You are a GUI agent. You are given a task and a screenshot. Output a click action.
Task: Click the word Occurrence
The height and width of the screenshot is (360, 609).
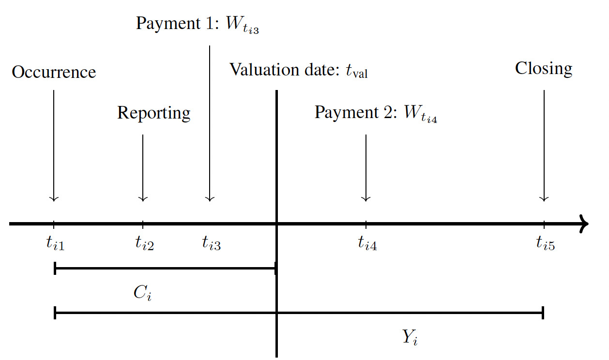(x=54, y=72)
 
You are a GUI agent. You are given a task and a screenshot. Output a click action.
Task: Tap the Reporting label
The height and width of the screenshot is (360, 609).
(x=153, y=113)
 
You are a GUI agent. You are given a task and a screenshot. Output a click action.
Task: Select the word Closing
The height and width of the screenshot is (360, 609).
(x=543, y=68)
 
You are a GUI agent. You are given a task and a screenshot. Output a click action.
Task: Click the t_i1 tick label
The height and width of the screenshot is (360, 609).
(x=55, y=243)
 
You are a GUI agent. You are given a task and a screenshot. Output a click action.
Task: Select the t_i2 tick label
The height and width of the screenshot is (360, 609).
(x=144, y=243)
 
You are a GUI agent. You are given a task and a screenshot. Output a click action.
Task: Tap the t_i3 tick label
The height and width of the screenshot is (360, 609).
(x=211, y=243)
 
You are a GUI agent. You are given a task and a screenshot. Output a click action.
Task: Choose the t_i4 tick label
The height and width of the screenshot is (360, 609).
(x=367, y=243)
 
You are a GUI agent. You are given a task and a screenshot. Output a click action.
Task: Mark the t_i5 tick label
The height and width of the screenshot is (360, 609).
(x=545, y=243)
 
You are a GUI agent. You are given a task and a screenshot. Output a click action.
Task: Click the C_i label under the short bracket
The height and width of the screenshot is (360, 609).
(x=142, y=294)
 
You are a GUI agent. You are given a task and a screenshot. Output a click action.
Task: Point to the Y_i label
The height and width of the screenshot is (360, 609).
(x=410, y=337)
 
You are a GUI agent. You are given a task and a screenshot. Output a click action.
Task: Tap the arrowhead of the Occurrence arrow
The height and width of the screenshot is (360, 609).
(x=54, y=198)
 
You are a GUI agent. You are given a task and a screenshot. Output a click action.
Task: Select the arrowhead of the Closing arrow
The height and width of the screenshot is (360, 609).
(x=544, y=198)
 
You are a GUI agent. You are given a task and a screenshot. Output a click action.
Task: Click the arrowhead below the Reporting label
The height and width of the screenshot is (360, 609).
(x=143, y=198)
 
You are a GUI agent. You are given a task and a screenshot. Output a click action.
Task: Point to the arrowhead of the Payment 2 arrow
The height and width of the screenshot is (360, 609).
(x=366, y=198)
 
